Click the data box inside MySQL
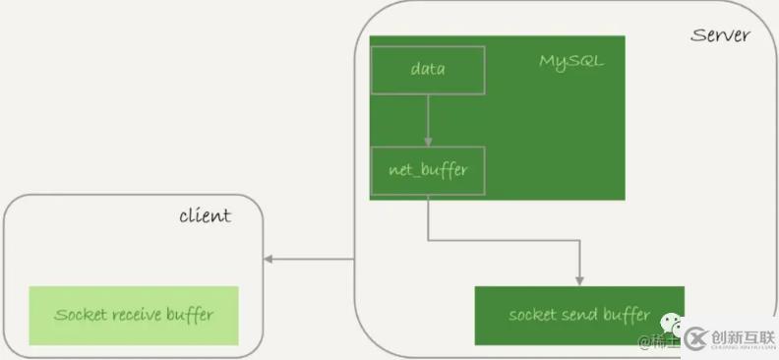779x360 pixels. coord(428,70)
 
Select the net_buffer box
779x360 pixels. coord(428,169)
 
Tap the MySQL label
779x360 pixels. coord(570,61)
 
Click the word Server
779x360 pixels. coord(720,35)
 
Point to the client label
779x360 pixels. coord(205,215)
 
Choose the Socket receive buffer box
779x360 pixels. coord(134,316)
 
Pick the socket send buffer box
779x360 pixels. coord(578,316)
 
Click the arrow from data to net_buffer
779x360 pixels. coord(428,118)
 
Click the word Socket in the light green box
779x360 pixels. coord(77,316)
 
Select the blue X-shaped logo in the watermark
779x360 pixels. coord(696,338)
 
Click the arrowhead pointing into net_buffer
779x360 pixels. coord(428,143)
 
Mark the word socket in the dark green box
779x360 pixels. coord(532,316)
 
